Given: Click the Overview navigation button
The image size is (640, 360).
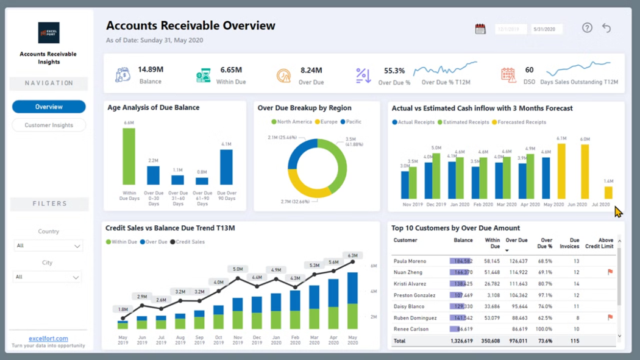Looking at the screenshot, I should click(x=49, y=107).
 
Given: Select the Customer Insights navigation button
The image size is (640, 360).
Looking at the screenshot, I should click(x=49, y=125).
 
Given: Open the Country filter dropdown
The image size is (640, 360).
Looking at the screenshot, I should click(x=48, y=245).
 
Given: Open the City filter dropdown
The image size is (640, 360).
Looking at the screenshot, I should click(x=48, y=277).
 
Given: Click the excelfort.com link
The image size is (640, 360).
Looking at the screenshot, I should click(x=48, y=338).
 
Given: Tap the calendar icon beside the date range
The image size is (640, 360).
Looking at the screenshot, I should click(x=480, y=29).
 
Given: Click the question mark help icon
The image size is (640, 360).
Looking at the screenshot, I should click(x=587, y=28).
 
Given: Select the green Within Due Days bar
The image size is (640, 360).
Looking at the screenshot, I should click(x=129, y=156).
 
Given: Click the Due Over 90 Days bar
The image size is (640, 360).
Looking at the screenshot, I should click(x=226, y=167).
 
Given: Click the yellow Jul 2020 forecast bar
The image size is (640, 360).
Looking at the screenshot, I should click(x=608, y=192).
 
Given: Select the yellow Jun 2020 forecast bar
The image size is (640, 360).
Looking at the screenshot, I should click(x=585, y=172).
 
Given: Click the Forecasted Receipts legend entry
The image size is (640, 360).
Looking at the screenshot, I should click(x=522, y=122).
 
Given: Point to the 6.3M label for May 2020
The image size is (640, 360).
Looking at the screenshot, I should click(x=352, y=255).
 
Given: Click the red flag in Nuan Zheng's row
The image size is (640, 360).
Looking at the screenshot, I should click(x=610, y=272).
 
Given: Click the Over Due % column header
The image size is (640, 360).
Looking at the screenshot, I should click(x=546, y=243).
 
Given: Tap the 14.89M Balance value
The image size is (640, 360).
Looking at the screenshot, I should click(x=150, y=69).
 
